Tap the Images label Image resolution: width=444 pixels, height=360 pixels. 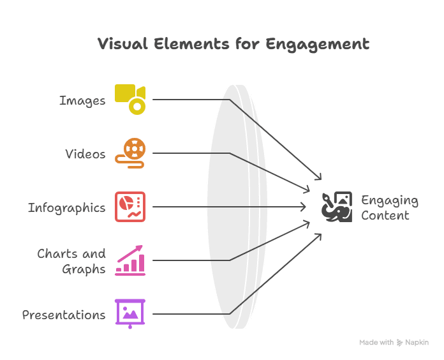point(82,100)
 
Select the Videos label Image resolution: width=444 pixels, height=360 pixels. point(85,154)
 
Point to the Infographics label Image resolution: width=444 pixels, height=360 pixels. point(66,207)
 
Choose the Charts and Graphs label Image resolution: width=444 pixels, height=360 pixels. point(71,261)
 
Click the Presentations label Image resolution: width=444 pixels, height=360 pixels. point(64,315)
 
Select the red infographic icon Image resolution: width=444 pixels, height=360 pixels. point(130,207)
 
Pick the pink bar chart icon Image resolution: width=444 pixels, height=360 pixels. point(130,260)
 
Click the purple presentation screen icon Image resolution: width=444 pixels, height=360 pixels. point(130,313)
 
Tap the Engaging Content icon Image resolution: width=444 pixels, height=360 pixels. point(336,207)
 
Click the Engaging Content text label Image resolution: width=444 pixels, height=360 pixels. point(389,207)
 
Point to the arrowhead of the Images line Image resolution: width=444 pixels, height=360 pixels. point(319,178)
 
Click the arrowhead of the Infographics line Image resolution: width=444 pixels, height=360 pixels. point(304,207)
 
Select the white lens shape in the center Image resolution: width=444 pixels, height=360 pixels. point(237,207)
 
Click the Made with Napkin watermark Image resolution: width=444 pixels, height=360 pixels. point(393,343)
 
